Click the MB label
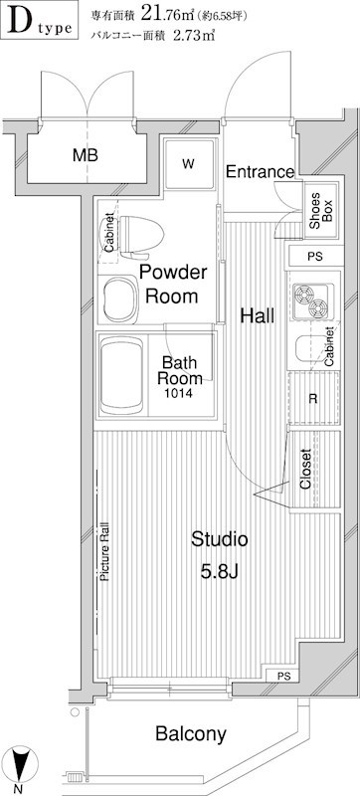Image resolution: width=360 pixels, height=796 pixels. (x=86, y=155)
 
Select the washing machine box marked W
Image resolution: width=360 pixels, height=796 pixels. (x=189, y=163)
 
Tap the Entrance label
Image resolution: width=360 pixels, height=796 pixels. (x=260, y=172)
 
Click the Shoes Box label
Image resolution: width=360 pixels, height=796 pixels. (x=320, y=210)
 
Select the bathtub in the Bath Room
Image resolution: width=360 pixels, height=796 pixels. (x=122, y=377)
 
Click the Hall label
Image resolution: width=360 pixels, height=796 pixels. (x=258, y=316)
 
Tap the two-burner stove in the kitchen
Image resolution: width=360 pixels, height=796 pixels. (x=313, y=301)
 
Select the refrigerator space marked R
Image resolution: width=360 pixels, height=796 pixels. (x=313, y=398)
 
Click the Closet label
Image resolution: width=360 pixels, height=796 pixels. (x=305, y=469)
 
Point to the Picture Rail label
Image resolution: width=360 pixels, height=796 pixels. (x=105, y=551)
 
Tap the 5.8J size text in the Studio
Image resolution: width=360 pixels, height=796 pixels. (x=219, y=573)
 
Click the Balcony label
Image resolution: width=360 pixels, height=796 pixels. (x=191, y=733)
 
